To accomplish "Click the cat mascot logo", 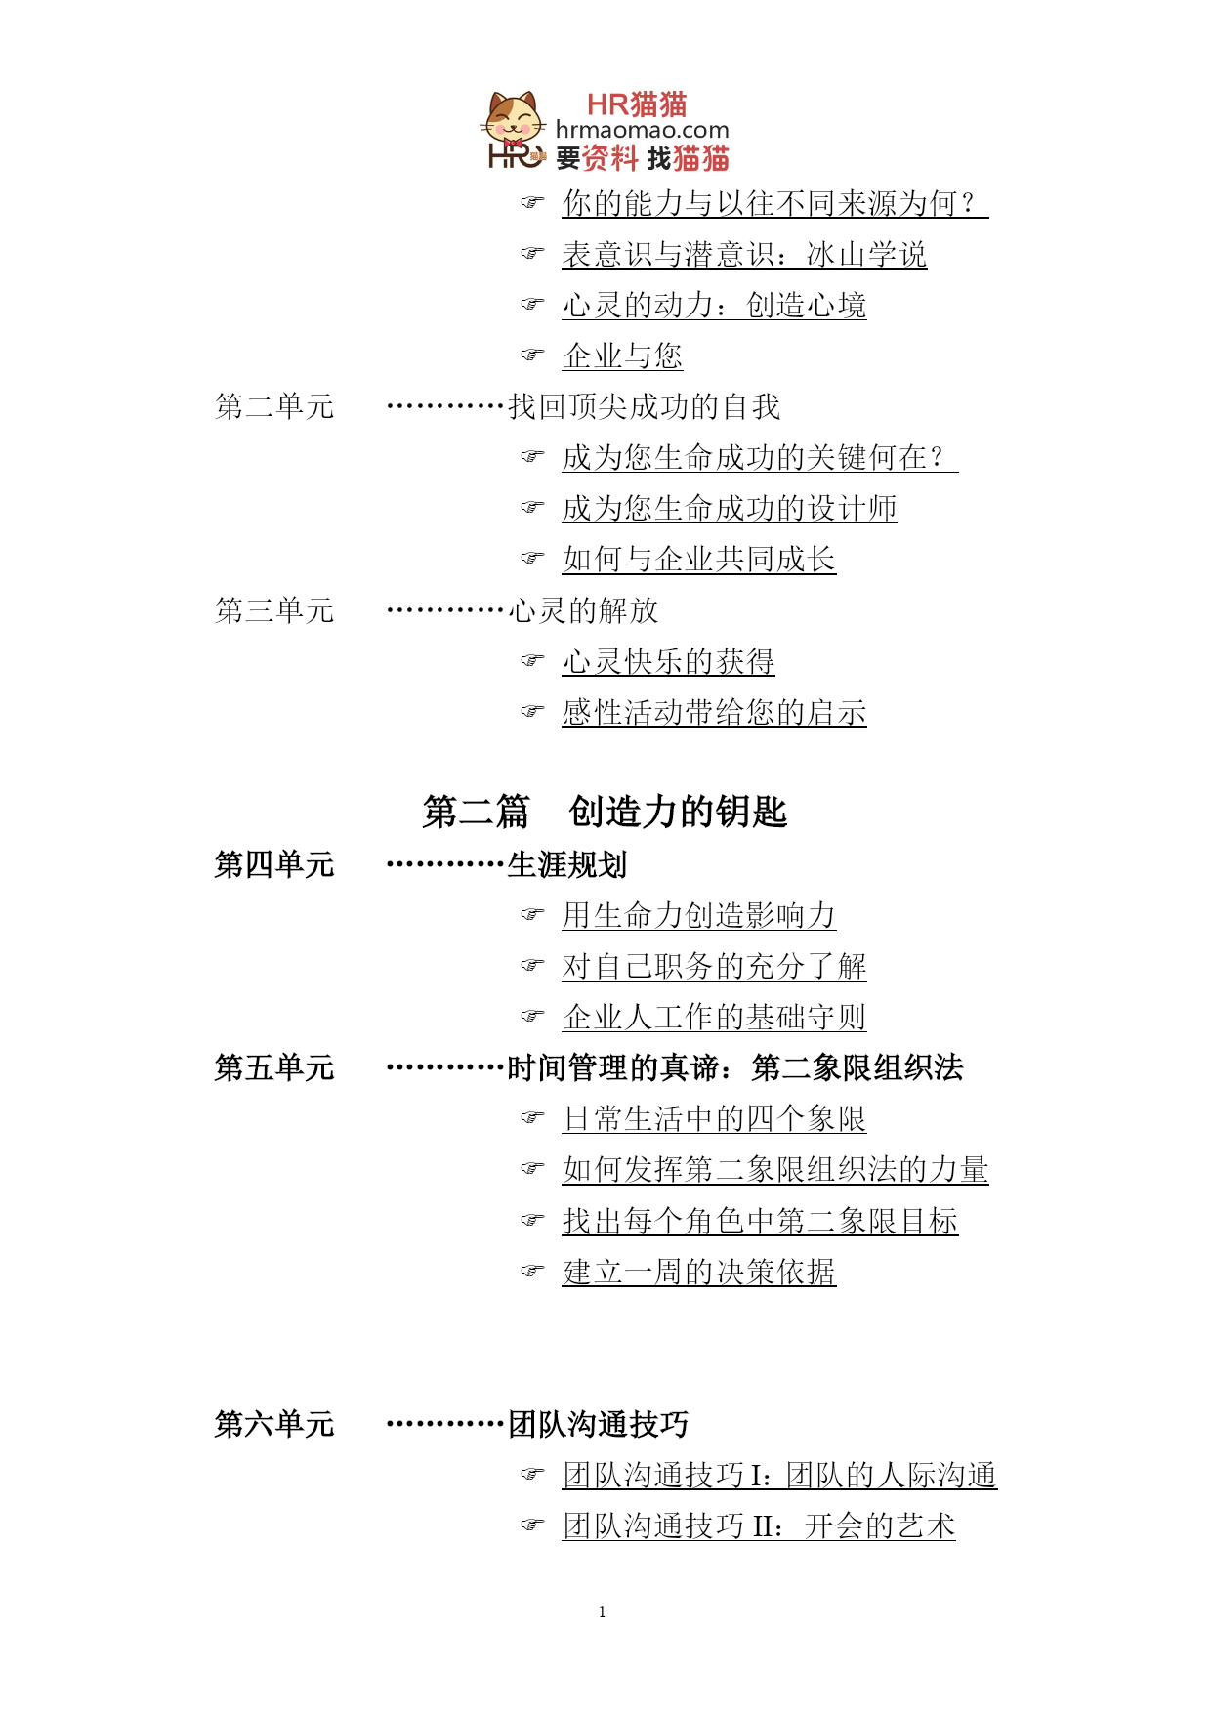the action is [514, 129].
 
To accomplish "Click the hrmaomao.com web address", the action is [642, 130].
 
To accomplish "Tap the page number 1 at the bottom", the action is [603, 1611].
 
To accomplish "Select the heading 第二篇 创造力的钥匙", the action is [605, 812].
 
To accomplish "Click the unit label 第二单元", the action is [274, 406].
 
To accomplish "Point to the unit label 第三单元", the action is [274, 610].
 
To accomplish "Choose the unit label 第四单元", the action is [274, 864].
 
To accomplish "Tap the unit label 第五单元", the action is [274, 1067].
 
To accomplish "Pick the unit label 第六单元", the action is [274, 1424].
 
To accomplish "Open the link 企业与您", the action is [622, 355].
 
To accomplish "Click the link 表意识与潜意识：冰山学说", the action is [744, 254].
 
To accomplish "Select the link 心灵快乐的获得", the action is [668, 661].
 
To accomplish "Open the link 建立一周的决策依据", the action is [699, 1272].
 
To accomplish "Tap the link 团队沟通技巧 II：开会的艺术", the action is [759, 1525].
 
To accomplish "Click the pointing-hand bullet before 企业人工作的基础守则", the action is [532, 1017].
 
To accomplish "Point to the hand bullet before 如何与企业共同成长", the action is [532, 559].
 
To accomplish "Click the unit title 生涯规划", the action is [567, 864].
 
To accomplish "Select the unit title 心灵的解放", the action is [583, 610].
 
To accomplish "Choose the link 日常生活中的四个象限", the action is [714, 1118].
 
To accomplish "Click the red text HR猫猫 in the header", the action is [637, 104].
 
